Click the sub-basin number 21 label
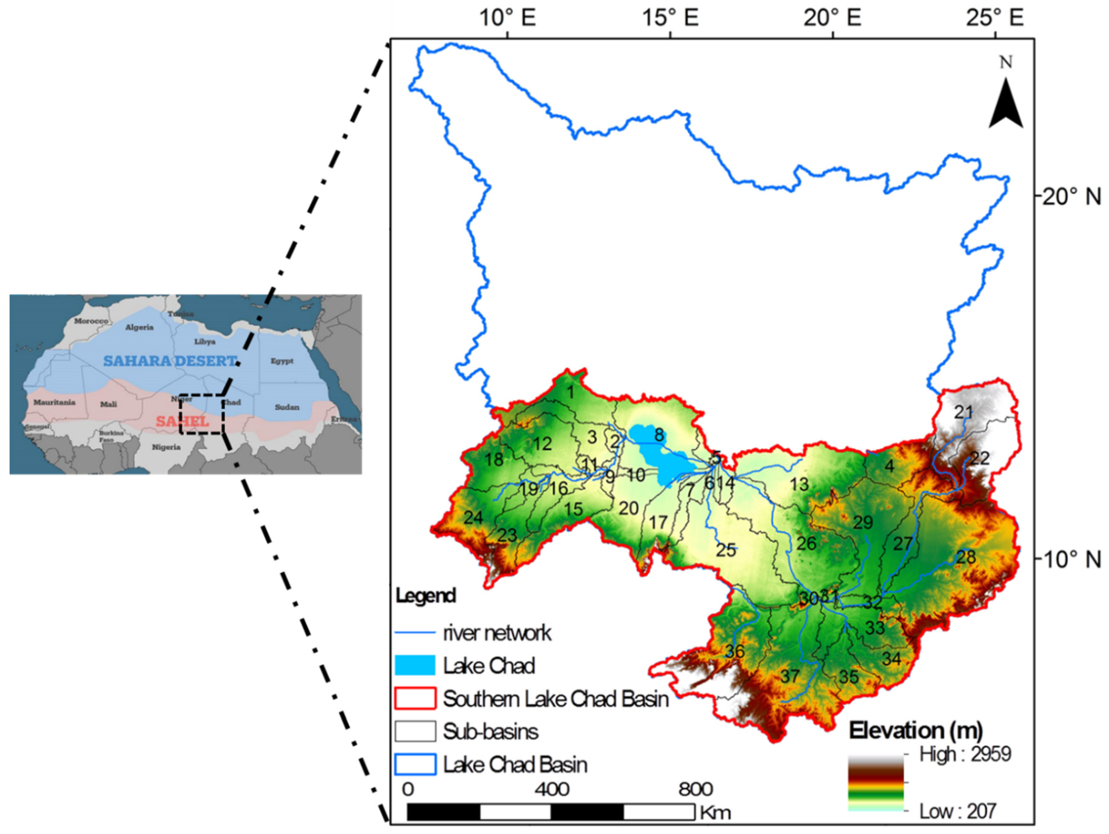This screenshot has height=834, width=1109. coord(963,412)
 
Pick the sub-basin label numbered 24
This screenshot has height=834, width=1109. coord(473,517)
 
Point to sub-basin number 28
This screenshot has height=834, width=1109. coord(966,557)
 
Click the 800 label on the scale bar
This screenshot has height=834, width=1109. coord(695,789)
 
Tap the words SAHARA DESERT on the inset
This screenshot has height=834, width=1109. coord(169,361)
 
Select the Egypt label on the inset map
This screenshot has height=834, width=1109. coord(282,361)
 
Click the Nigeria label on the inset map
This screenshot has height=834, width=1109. coord(166,447)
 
